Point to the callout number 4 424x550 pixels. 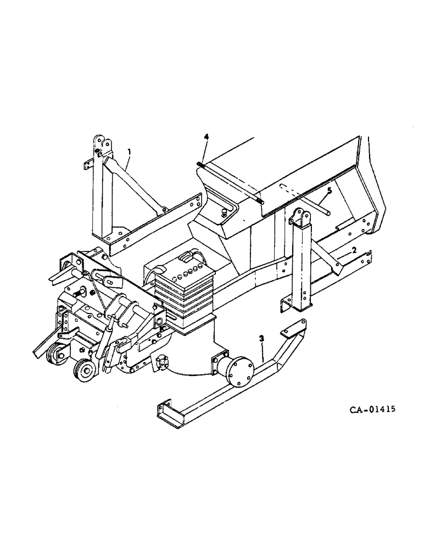pyautogui.click(x=207, y=136)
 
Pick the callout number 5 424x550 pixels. pyautogui.click(x=329, y=190)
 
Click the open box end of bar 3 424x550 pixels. pyautogui.click(x=168, y=412)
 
